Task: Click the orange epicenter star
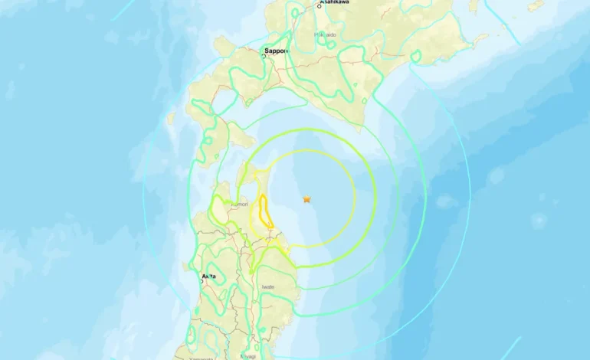[x=306, y=199]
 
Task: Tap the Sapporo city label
[x=277, y=51]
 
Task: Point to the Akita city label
[x=208, y=276]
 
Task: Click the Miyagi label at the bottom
[x=247, y=356]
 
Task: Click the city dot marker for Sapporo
[x=264, y=57]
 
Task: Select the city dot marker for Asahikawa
[x=320, y=7]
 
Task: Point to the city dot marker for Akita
[x=202, y=281]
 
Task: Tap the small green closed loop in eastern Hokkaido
[x=415, y=55]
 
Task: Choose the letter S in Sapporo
[x=267, y=51]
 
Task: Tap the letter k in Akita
[x=207, y=276]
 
